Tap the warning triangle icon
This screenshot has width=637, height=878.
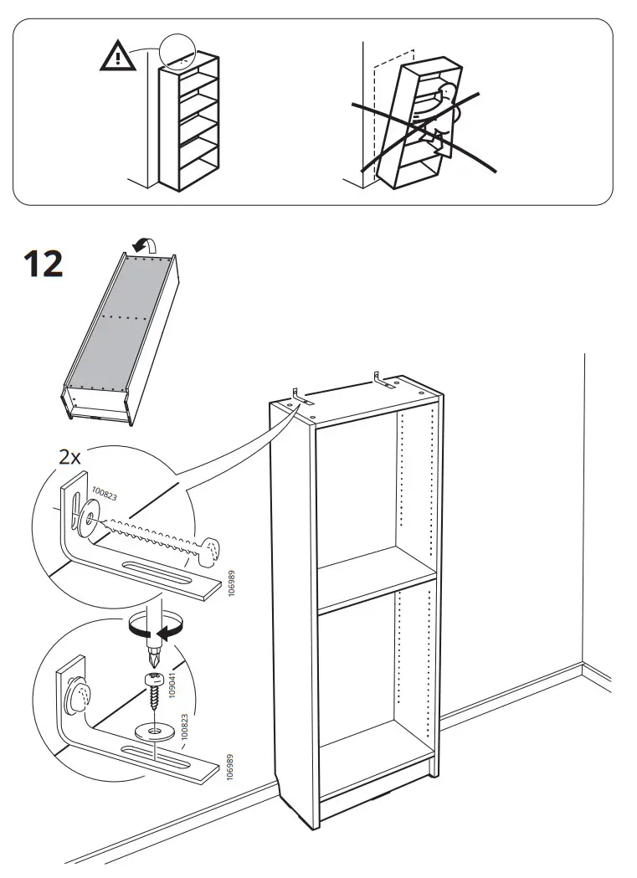click(x=120, y=57)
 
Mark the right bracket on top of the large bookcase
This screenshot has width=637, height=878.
click(x=383, y=381)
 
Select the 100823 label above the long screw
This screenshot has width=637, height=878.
click(x=105, y=495)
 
